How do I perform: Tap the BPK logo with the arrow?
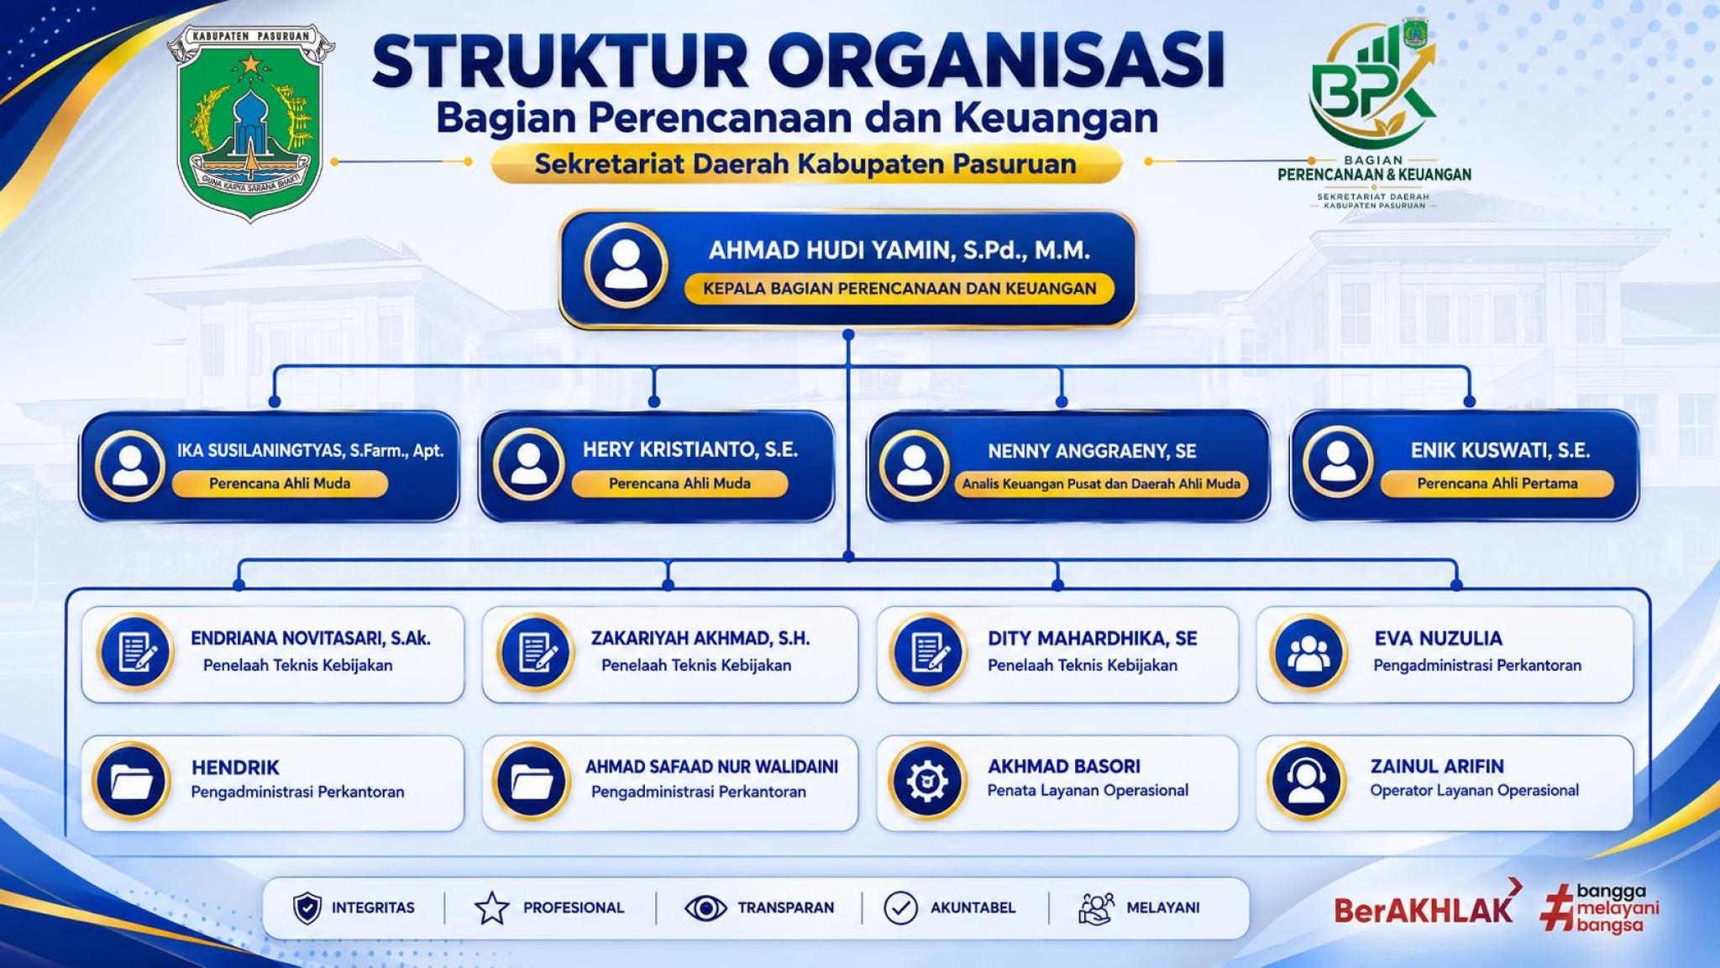[1374, 84]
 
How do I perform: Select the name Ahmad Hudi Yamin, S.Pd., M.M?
[899, 250]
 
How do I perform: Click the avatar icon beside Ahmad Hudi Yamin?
[626, 264]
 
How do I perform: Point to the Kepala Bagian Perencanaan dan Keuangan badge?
[899, 288]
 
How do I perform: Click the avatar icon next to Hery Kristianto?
[528, 464]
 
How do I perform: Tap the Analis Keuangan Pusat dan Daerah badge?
[1101, 484]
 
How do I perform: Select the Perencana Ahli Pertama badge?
[1497, 484]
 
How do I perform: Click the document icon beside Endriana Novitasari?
[135, 652]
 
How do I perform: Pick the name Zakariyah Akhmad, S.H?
[700, 638]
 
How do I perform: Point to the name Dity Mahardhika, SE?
[1093, 638]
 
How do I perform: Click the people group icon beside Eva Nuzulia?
[1308, 653]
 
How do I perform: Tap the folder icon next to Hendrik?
[131, 781]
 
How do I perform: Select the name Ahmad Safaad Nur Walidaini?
[711, 767]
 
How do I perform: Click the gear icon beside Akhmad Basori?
[927, 781]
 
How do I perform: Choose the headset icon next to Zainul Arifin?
[1306, 781]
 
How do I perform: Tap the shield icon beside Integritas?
[307, 908]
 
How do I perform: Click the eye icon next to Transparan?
[705, 908]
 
